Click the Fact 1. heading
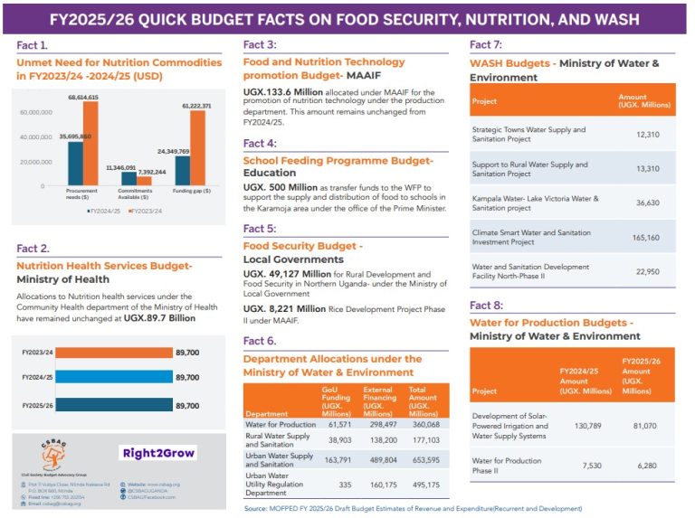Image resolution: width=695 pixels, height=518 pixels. click(33, 44)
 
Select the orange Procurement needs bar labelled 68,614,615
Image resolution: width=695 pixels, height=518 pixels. click(90, 144)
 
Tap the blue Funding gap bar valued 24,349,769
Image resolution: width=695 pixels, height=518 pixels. click(183, 170)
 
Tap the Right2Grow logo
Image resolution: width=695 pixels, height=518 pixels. click(158, 452)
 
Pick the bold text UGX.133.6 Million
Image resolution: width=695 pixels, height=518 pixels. click(283, 92)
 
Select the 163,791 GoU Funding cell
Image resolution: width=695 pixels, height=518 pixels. click(338, 460)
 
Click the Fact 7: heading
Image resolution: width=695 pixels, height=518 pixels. click(487, 44)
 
